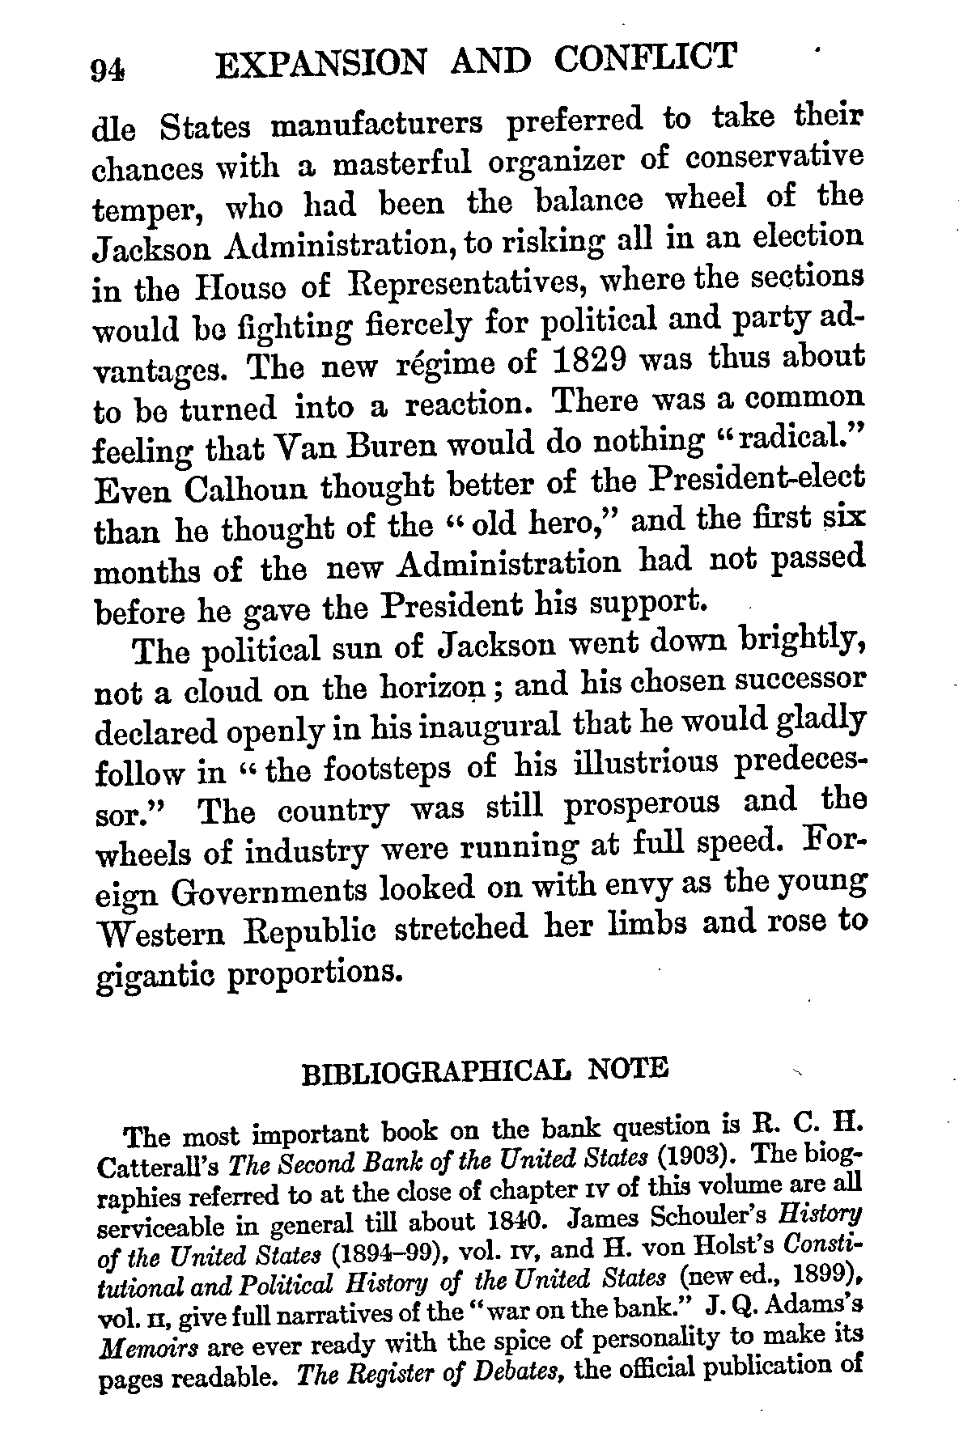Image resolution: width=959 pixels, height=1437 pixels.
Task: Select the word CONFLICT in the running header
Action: [x=647, y=58]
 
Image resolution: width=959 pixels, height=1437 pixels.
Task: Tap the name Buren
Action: [x=385, y=445]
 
